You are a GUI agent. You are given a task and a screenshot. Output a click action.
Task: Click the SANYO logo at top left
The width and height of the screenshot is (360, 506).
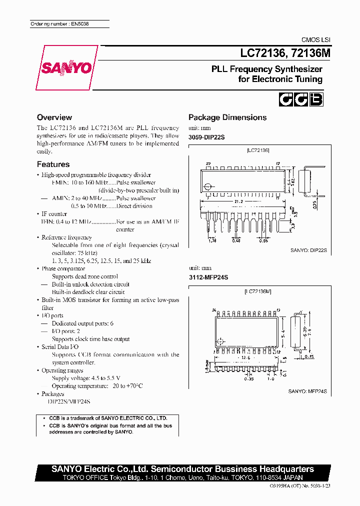(x=67, y=67)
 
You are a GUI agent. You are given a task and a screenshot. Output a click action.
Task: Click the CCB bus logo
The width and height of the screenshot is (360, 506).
(x=300, y=99)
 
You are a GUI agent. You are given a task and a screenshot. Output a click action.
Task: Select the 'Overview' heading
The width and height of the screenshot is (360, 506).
(x=54, y=117)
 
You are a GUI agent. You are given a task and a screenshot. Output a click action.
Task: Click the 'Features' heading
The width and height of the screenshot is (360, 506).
(x=53, y=164)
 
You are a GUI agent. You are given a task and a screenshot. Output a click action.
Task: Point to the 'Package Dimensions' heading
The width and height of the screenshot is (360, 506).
(x=227, y=117)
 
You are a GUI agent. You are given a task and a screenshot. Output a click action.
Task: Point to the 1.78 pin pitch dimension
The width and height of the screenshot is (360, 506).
(x=212, y=240)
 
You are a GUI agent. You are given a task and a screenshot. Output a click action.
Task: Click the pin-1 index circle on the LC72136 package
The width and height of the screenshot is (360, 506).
(x=207, y=187)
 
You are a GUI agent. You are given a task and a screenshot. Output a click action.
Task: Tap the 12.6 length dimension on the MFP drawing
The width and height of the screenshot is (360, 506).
(x=245, y=357)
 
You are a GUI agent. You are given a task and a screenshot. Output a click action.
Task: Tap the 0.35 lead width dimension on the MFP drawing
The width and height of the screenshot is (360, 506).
(x=248, y=379)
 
